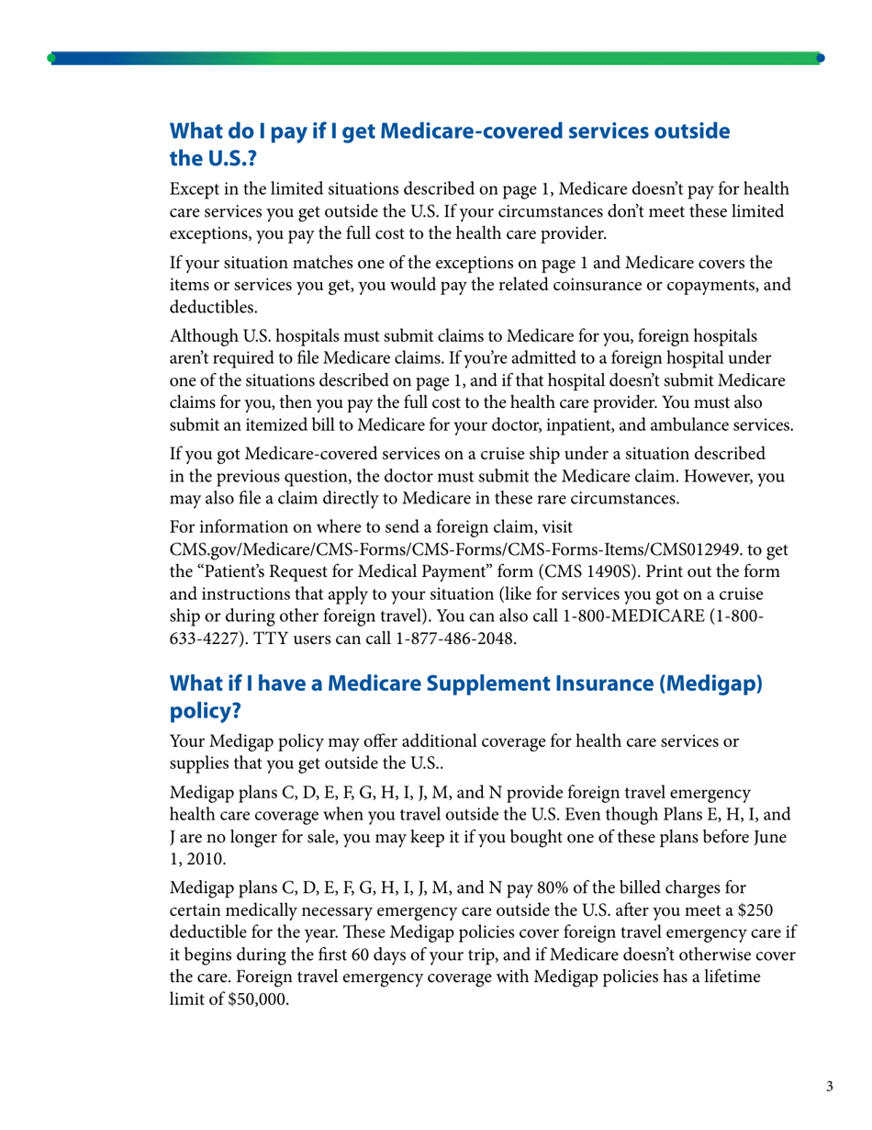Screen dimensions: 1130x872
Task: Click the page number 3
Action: click(x=830, y=1088)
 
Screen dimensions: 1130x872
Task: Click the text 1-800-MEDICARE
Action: click(x=655, y=617)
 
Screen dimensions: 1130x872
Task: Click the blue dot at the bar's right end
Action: click(x=820, y=57)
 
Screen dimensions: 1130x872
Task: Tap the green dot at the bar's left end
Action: click(x=51, y=57)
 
